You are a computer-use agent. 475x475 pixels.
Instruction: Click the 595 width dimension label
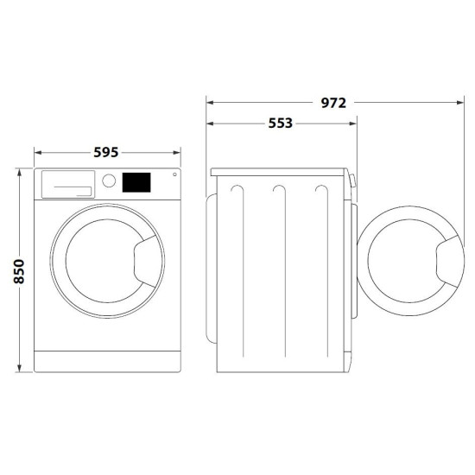pos(106,153)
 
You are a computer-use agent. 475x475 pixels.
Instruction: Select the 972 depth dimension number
pos(332,102)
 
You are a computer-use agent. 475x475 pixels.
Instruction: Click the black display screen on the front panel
pos(136,182)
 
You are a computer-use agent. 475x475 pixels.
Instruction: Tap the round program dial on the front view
pos(109,181)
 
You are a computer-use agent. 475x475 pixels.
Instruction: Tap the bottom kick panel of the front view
pos(106,360)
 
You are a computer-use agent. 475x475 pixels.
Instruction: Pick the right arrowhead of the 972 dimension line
pos(454,102)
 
